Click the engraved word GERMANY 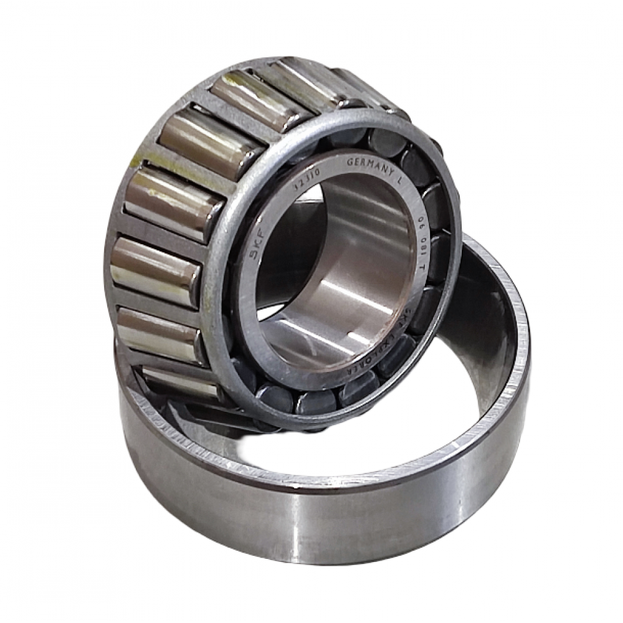(x=369, y=163)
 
